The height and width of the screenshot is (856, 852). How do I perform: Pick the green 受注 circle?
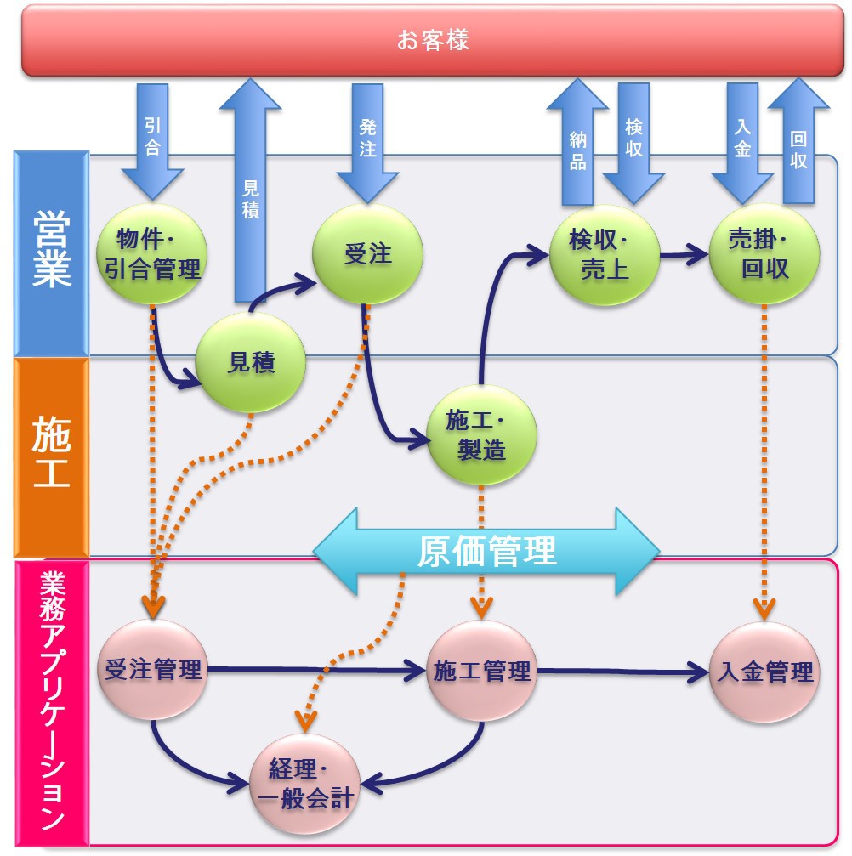tap(367, 253)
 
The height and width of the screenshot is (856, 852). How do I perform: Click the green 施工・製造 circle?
tap(482, 435)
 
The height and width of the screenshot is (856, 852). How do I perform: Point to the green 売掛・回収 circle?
tap(764, 253)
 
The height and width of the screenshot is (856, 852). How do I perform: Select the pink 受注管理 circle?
tap(153, 671)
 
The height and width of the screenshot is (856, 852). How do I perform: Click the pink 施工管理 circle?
tap(482, 671)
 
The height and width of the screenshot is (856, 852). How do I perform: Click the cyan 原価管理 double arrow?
tap(486, 552)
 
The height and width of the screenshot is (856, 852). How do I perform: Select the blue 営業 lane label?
tap(52, 252)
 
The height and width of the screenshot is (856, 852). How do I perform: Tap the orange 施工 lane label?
tap(51, 456)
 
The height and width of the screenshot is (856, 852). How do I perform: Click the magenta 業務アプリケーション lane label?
tap(51, 702)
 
